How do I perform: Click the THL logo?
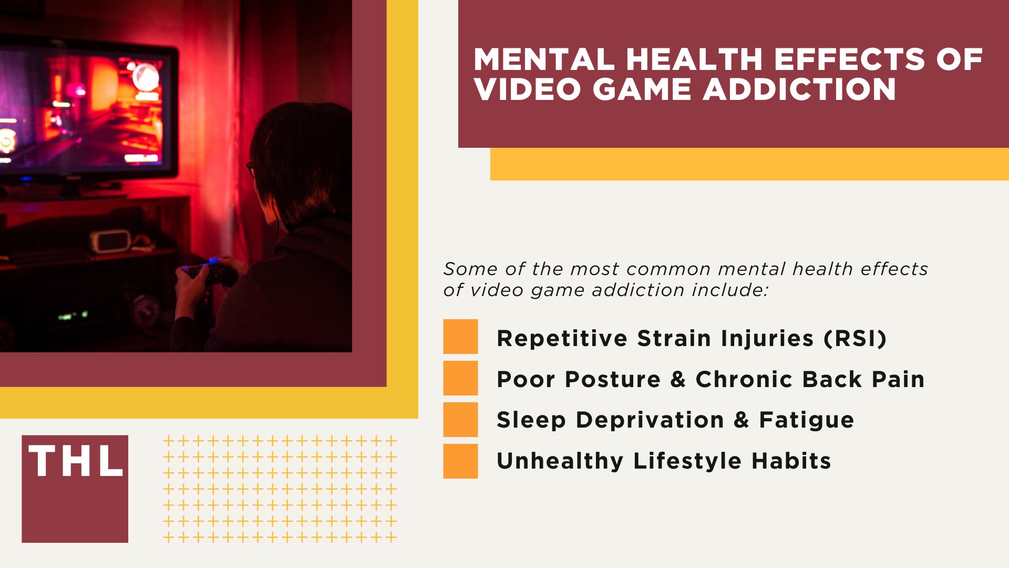75,488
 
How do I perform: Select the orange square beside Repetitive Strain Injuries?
460,337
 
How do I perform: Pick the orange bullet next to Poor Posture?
460,378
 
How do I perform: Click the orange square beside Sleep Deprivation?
460,420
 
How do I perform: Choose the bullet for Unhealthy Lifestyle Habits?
460,461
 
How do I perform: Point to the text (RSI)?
855,338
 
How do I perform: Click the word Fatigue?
806,420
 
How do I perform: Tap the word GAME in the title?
642,89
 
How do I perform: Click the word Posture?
612,379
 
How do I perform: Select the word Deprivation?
650,420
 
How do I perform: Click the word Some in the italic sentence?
470,269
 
